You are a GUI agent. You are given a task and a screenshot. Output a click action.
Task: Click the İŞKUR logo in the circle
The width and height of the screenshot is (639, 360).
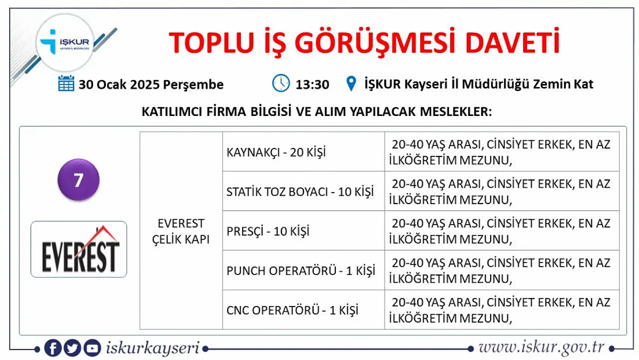[65, 43]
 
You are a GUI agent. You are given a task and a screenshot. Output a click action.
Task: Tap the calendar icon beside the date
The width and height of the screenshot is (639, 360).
[66, 83]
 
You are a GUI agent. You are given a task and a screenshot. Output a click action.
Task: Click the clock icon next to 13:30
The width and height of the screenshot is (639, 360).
[281, 83]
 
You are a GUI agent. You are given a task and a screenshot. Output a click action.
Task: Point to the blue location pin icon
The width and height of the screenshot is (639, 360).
[351, 84]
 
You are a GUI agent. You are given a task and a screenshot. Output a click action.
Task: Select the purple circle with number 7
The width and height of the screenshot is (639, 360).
[78, 180]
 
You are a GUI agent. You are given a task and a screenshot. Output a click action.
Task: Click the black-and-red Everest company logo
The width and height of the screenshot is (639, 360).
[79, 249]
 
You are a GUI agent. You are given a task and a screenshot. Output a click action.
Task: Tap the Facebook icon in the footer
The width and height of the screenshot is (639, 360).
[53, 348]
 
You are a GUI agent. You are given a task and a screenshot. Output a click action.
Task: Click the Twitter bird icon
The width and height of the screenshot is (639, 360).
[72, 348]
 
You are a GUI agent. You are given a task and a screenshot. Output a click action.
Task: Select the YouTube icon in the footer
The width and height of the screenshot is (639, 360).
[92, 348]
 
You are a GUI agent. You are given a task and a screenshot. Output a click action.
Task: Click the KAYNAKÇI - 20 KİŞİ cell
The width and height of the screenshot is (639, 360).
[303, 152]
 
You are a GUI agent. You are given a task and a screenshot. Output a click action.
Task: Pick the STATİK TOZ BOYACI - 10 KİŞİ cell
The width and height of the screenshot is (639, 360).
[303, 192]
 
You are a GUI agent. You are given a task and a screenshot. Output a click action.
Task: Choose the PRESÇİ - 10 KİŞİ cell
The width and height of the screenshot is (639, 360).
[303, 231]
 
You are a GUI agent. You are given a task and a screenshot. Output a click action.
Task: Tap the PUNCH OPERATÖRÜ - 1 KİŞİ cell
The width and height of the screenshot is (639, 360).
[303, 271]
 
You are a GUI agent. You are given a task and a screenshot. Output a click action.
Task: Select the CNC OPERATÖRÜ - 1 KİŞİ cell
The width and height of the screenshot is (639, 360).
[303, 310]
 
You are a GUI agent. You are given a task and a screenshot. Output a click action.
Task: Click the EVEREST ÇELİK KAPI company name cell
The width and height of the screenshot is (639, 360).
[181, 231]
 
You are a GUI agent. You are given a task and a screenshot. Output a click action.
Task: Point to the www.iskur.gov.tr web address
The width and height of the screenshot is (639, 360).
[541, 347]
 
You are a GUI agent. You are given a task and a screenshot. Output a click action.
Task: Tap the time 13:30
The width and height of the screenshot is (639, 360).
[312, 84]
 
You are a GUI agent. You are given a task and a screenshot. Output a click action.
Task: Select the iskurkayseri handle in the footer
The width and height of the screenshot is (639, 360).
[152, 348]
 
